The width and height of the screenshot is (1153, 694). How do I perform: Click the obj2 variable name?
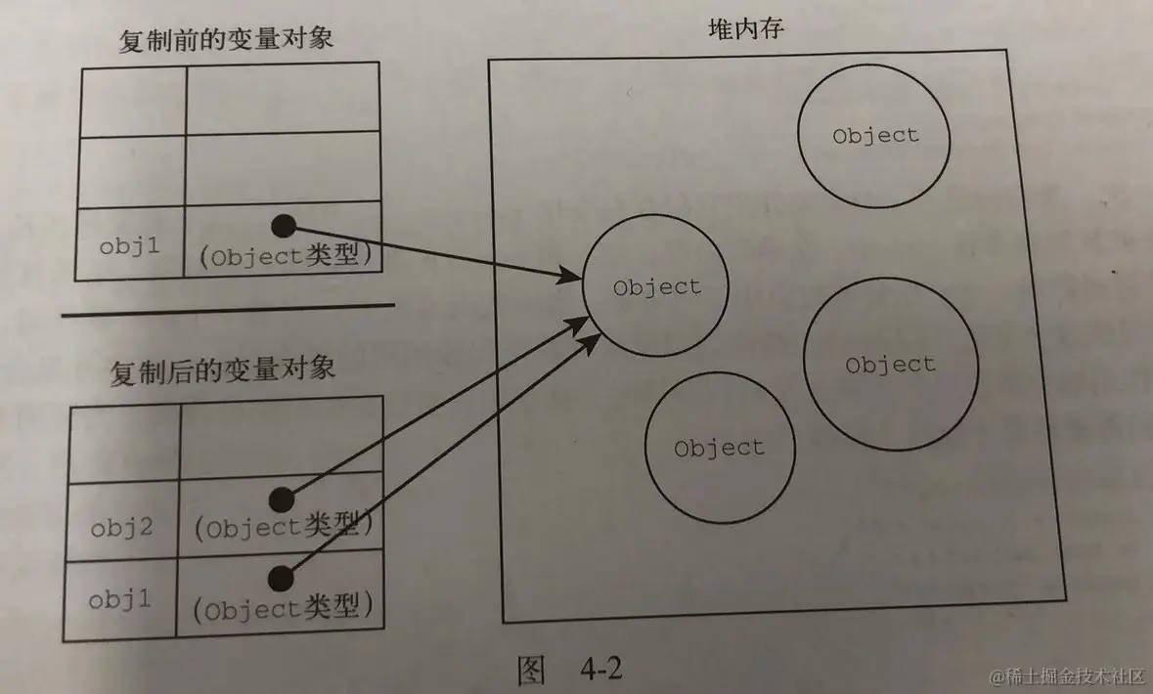pyautogui.click(x=121, y=529)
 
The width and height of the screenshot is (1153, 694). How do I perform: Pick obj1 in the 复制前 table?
pyautogui.click(x=129, y=245)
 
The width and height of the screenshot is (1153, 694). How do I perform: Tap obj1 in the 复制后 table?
pyautogui.click(x=120, y=599)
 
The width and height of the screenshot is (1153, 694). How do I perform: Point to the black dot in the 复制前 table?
pyautogui.click(x=283, y=227)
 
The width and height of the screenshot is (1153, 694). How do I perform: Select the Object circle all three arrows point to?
pyautogui.click(x=656, y=287)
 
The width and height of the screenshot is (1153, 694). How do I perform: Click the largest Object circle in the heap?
pyautogui.click(x=890, y=365)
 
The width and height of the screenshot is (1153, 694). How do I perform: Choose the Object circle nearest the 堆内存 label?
pyautogui.click(x=874, y=136)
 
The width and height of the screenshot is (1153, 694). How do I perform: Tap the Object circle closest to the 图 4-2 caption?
pyautogui.click(x=718, y=448)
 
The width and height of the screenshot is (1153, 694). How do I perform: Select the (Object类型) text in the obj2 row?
pyautogui.click(x=285, y=529)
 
